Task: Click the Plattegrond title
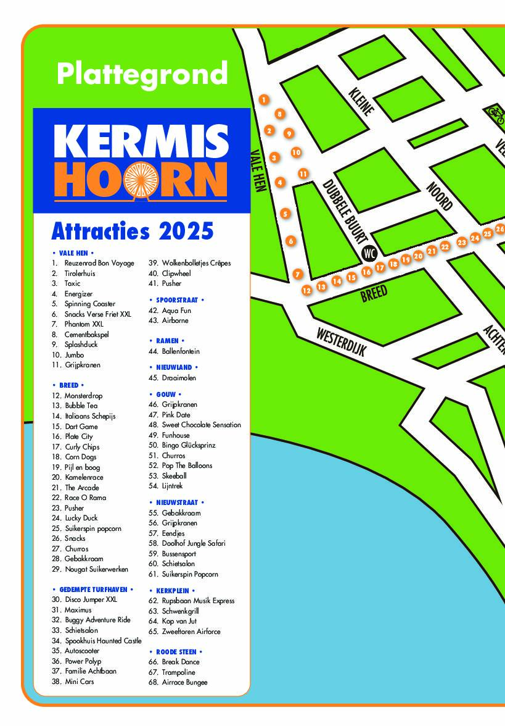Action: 142,74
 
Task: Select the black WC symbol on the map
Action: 369,253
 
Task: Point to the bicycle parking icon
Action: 495,113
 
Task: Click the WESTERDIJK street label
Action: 342,341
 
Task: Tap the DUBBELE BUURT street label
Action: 345,212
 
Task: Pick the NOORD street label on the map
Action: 440,196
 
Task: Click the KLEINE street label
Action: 361,102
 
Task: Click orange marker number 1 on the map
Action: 264,99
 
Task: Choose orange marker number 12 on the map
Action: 306,290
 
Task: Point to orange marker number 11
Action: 303,174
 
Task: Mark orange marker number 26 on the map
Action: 500,229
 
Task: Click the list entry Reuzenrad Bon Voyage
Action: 99,263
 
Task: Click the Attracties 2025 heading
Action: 132,232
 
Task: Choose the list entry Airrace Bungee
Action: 184,682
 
